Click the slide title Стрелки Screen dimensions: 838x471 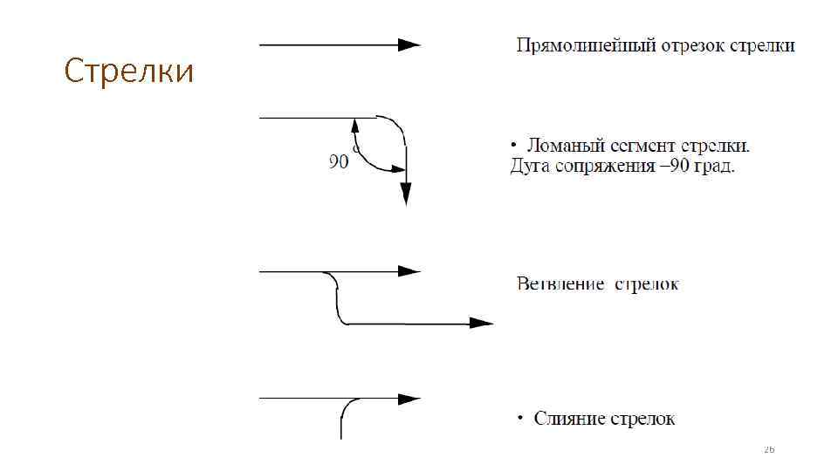click(129, 72)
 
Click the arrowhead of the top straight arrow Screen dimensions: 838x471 click(409, 44)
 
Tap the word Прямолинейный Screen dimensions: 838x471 click(572, 45)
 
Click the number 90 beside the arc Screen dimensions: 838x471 click(338, 161)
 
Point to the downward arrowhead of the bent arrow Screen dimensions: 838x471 click(405, 194)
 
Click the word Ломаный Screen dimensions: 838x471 click(562, 145)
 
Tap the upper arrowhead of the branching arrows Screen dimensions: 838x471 click(409, 271)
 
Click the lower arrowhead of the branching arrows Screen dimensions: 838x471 click(482, 323)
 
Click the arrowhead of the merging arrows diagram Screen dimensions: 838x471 click(409, 399)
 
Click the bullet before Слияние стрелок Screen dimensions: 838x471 click(521, 419)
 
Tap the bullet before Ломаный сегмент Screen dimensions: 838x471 click(514, 145)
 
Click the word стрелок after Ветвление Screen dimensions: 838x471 click(647, 283)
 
